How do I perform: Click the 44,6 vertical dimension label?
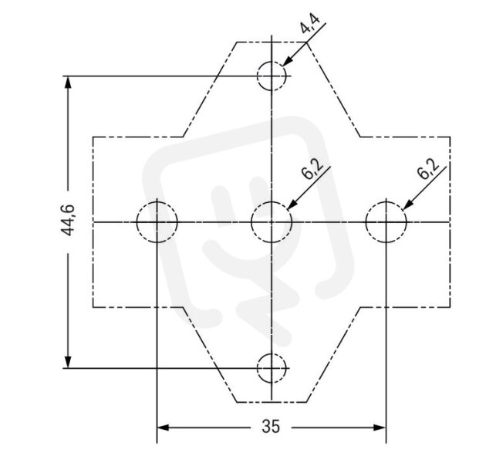pos(67,221)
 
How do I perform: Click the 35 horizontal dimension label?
pos(271,426)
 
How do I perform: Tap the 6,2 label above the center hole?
pos(312,168)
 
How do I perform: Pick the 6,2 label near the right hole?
pos(428,168)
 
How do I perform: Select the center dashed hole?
pos(251,222)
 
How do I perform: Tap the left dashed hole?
pos(137,222)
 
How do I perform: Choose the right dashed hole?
pos(366,222)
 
